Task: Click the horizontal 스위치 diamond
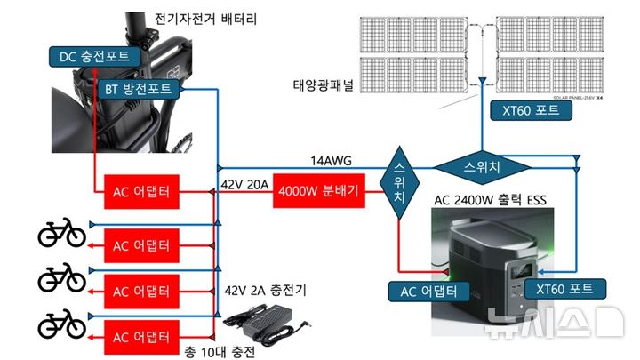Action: click(481, 166)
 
